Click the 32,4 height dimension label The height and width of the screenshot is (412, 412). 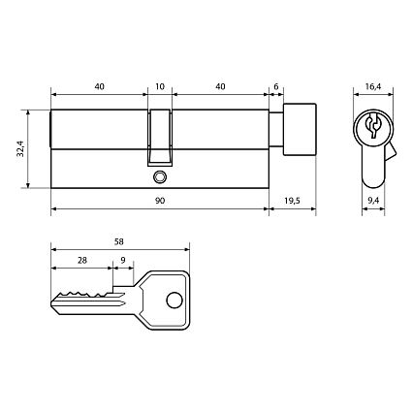[x=20, y=148]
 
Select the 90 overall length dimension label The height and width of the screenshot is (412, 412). [x=160, y=201]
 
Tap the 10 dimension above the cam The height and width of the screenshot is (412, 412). [x=160, y=86]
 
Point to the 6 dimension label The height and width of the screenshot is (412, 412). [x=276, y=86]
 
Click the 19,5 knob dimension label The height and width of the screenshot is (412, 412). [x=292, y=201]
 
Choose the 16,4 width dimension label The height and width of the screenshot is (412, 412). [x=373, y=86]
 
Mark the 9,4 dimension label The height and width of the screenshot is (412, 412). [x=373, y=201]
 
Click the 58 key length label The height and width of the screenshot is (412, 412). [x=119, y=241]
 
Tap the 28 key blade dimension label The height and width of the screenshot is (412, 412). [x=82, y=260]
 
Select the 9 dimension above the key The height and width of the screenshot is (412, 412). [x=123, y=260]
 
